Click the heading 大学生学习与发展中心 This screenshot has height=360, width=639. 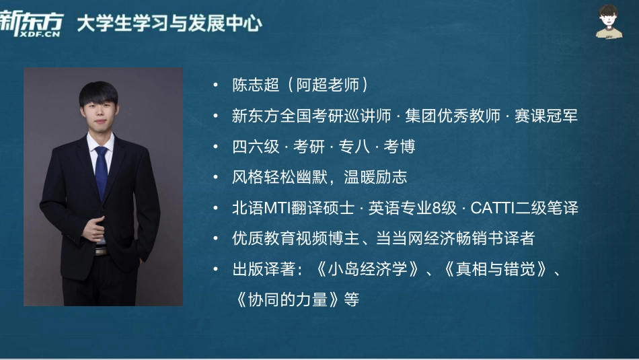(169, 24)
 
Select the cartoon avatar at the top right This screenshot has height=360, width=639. (609, 22)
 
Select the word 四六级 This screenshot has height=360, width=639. (256, 147)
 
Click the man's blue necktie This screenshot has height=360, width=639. (101, 172)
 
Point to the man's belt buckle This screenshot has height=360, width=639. (100, 250)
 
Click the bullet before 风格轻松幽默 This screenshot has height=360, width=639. (215, 178)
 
